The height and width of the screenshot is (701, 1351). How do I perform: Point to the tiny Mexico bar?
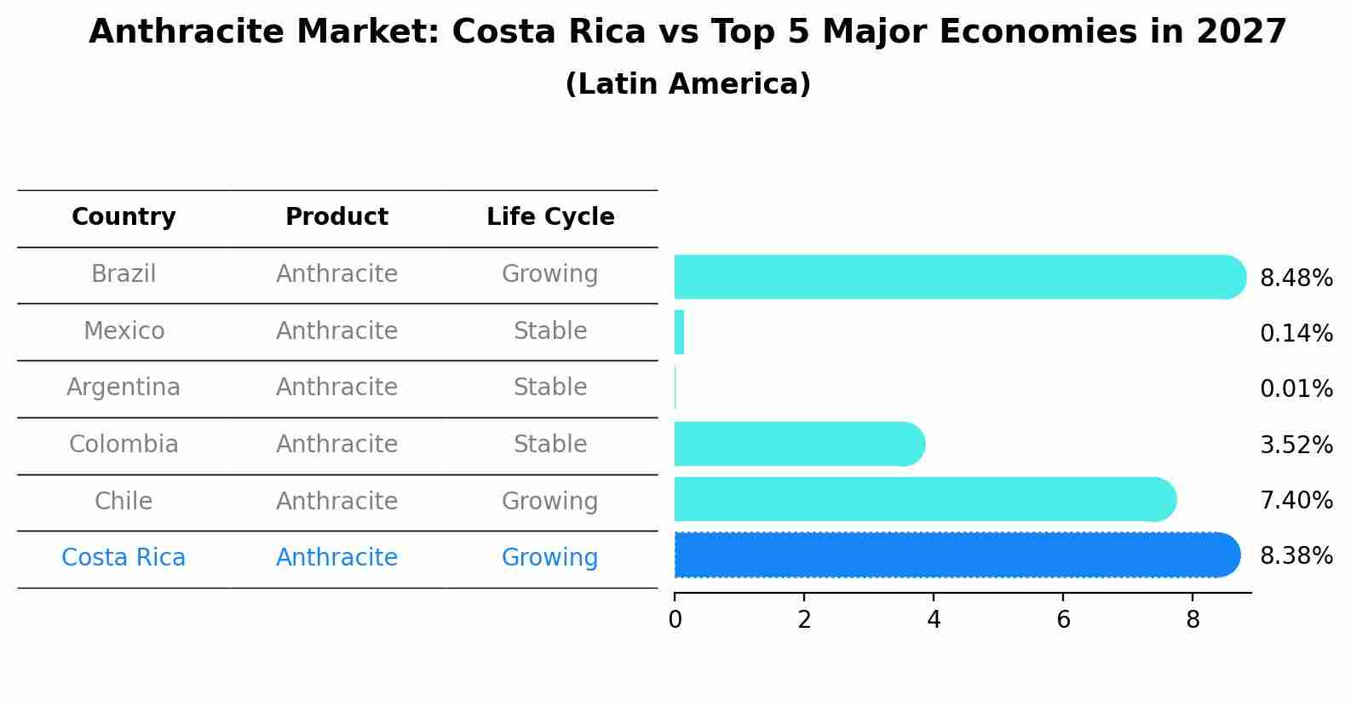click(x=679, y=332)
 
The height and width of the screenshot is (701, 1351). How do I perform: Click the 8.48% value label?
click(x=1296, y=279)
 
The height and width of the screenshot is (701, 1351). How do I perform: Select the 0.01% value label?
click(x=1296, y=389)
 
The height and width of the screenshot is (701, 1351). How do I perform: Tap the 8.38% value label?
click(x=1296, y=556)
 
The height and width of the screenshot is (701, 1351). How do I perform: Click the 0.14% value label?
click(x=1296, y=334)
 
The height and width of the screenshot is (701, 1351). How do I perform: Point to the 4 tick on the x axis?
click(x=934, y=620)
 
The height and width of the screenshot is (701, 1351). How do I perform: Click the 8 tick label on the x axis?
click(x=1193, y=620)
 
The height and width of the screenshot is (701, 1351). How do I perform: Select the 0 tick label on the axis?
click(x=675, y=620)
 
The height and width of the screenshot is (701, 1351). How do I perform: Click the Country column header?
click(x=124, y=217)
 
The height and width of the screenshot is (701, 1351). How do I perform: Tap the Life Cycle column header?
click(x=550, y=217)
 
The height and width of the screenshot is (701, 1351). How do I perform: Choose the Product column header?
click(x=336, y=217)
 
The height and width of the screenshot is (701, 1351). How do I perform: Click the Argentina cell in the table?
click(x=124, y=388)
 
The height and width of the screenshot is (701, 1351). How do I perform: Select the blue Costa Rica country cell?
click(x=124, y=558)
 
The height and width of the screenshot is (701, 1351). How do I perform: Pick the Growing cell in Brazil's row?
click(x=549, y=274)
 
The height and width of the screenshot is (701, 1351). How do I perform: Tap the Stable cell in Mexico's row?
click(x=549, y=331)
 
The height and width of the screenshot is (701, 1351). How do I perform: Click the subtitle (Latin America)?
click(x=687, y=84)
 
